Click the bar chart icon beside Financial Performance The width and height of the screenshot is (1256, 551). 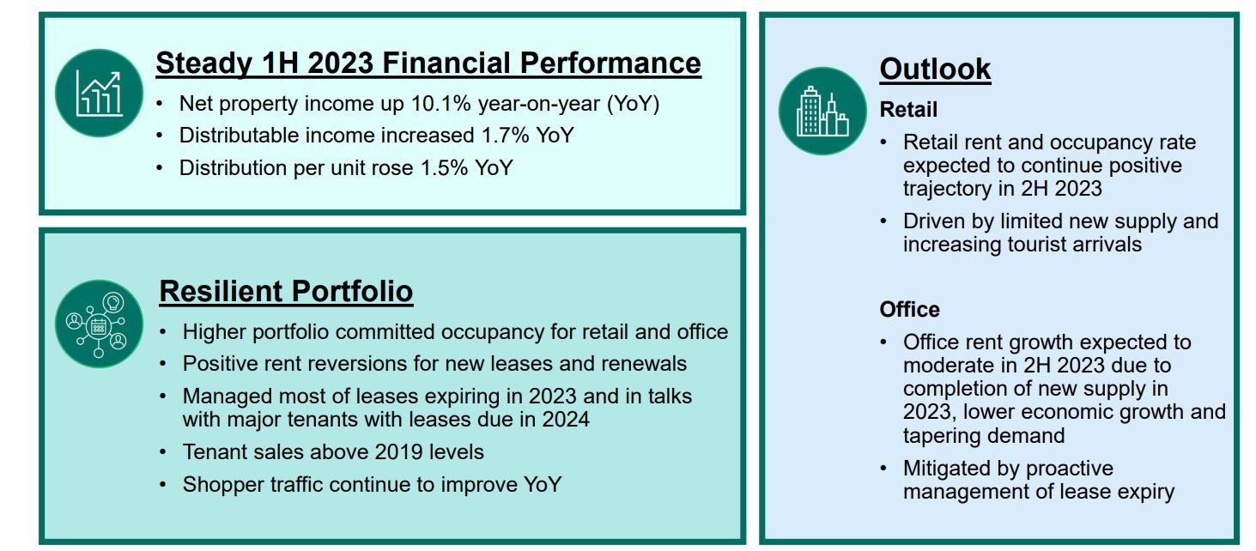[100, 93]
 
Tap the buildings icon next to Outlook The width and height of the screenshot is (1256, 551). [822, 111]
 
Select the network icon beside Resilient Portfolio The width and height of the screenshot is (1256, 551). [100, 324]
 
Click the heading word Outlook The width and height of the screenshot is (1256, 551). [935, 69]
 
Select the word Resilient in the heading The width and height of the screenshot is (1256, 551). [221, 291]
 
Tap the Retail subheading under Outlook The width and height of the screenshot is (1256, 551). [908, 109]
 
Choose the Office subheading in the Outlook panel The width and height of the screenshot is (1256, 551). [909, 310]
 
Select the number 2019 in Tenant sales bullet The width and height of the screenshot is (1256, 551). [398, 451]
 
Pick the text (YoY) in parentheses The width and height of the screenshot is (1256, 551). [633, 104]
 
